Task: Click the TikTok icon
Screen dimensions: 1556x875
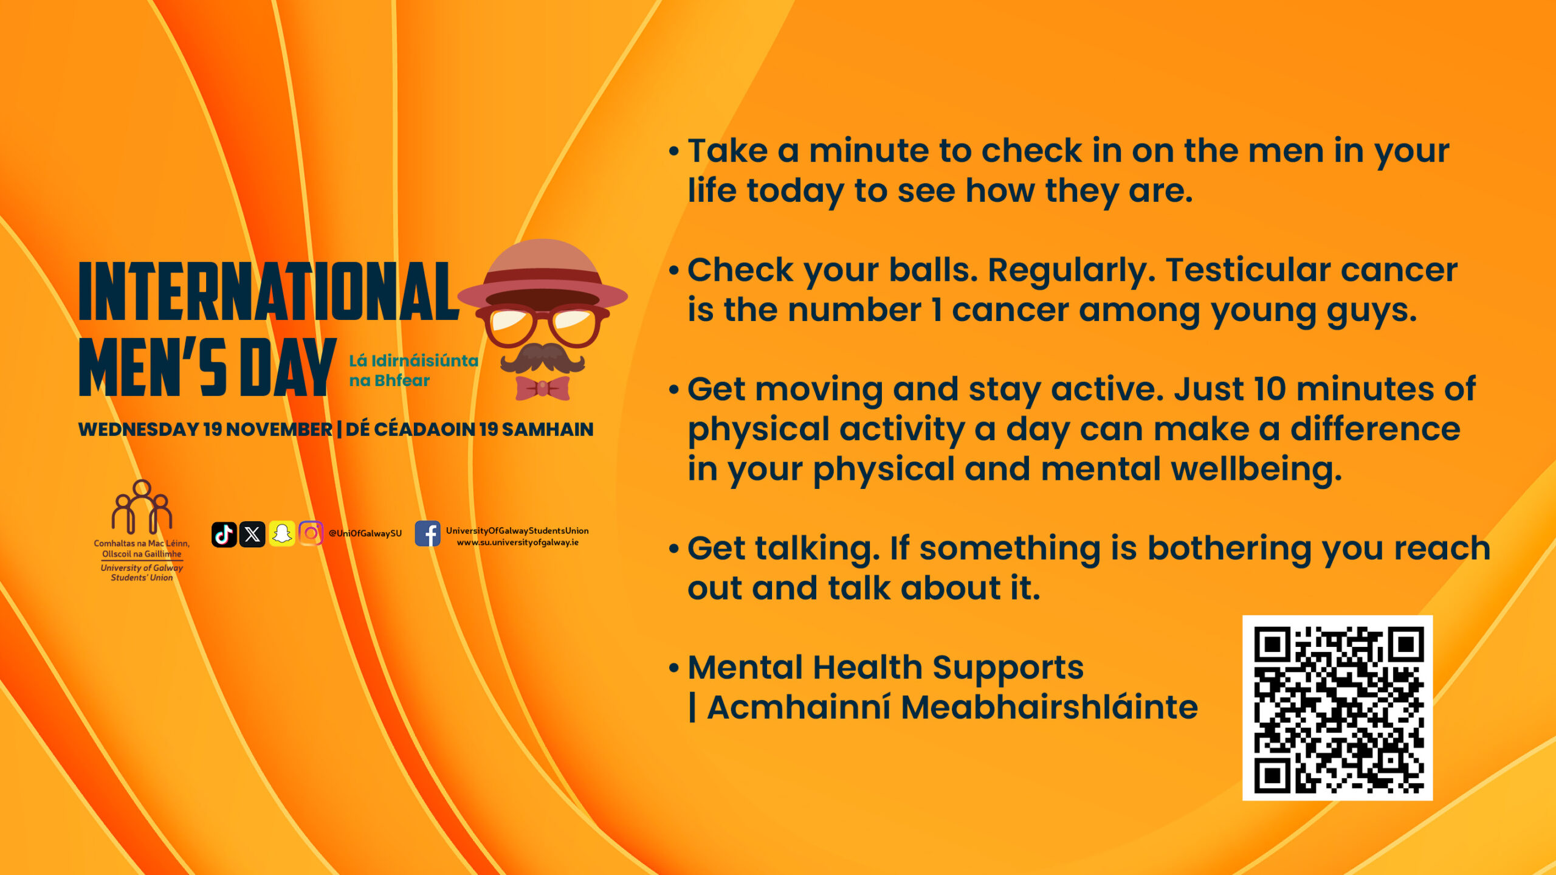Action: tap(224, 534)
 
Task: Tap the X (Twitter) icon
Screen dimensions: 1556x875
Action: tap(252, 534)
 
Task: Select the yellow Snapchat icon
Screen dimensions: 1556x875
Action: tap(281, 534)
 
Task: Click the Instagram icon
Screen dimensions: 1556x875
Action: tap(311, 534)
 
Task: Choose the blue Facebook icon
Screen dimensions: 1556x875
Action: tap(428, 534)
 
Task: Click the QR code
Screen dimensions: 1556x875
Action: tap(1337, 708)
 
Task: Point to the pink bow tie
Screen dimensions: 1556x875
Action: tap(542, 388)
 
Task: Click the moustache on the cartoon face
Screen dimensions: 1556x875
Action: tap(542, 358)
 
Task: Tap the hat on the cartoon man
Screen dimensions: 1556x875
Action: tap(542, 274)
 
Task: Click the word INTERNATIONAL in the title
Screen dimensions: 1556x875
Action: tap(269, 291)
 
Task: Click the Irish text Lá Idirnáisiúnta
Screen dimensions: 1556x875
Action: tap(413, 361)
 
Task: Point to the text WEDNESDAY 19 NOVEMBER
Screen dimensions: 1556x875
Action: tap(205, 429)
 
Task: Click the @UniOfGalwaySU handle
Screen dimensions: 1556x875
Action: tap(365, 534)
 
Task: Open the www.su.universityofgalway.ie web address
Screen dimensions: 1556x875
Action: tap(518, 542)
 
